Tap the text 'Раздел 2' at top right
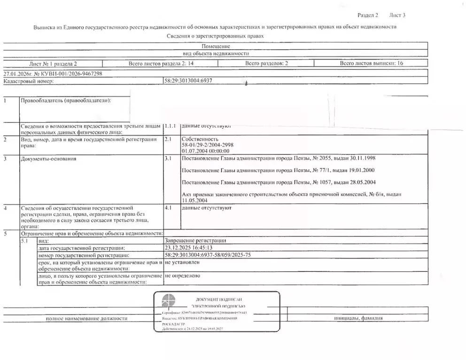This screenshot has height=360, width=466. pyautogui.click(x=368, y=15)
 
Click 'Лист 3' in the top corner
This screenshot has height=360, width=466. pyautogui.click(x=397, y=15)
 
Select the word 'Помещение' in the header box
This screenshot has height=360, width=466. pyautogui.click(x=216, y=46)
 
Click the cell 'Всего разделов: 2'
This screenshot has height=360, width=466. pyautogui.click(x=267, y=63)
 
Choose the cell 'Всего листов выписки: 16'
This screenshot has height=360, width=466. pyautogui.click(x=372, y=63)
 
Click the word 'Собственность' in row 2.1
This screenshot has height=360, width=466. pyautogui.click(x=200, y=139)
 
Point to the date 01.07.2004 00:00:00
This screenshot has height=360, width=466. pyautogui.click(x=205, y=151)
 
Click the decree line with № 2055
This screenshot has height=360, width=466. pyautogui.click(x=278, y=159)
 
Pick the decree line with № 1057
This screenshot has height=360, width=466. pyautogui.click(x=278, y=182)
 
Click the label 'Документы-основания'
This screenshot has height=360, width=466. pyautogui.click(x=48, y=159)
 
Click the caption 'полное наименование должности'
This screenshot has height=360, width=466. pyautogui.click(x=86, y=318)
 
